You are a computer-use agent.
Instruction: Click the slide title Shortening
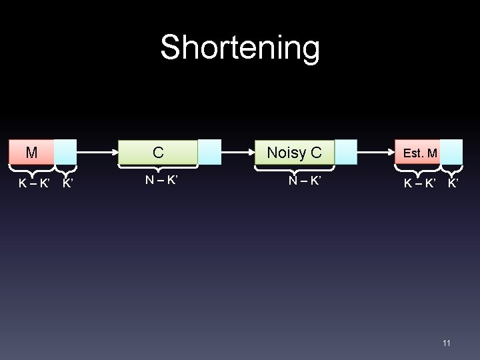(240, 48)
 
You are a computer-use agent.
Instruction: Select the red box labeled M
(31, 152)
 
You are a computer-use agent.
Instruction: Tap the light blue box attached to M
(65, 152)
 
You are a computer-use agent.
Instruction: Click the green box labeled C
(158, 152)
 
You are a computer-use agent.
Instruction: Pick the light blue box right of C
(209, 152)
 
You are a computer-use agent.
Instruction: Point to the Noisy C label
(294, 153)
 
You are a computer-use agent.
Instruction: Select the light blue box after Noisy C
(345, 152)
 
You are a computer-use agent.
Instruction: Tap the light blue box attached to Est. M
(451, 152)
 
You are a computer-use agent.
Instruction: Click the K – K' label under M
(34, 183)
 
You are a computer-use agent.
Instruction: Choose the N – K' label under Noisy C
(305, 180)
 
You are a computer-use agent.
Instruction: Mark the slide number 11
(447, 343)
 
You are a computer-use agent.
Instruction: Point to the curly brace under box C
(158, 167)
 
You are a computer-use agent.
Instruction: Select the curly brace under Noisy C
(294, 167)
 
